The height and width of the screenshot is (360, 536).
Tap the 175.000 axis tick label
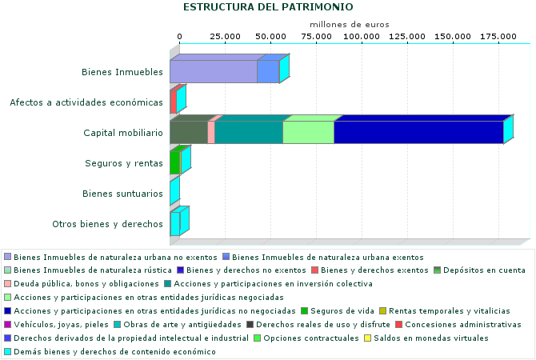click(498, 37)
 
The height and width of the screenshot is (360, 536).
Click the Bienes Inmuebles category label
click(122, 72)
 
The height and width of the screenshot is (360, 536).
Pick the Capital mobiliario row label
click(123, 133)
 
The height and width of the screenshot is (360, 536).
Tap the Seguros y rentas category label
click(124, 163)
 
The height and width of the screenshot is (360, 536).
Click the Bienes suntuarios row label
click(123, 194)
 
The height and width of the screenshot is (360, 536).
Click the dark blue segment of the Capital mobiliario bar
click(418, 133)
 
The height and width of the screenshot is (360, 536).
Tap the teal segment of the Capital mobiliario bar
click(249, 133)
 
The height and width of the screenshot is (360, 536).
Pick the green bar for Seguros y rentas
click(174, 163)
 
